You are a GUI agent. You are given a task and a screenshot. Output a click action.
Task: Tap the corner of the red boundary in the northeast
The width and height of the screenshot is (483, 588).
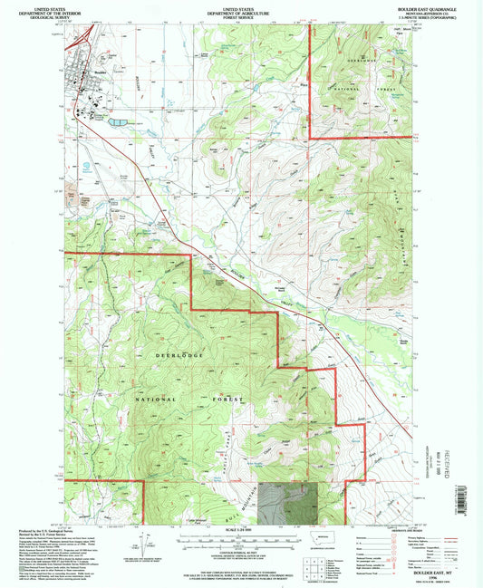coord(310,138)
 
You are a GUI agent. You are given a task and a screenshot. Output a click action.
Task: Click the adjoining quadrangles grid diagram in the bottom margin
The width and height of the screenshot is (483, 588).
coord(315,568)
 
